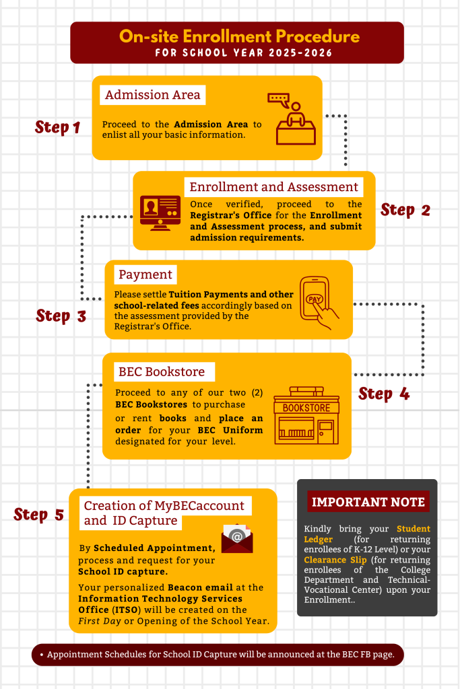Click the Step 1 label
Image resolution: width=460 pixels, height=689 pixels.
(x=58, y=127)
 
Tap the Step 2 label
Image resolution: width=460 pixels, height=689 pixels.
(x=405, y=210)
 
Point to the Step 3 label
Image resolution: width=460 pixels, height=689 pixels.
(x=61, y=316)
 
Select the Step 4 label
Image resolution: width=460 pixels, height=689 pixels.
(x=384, y=394)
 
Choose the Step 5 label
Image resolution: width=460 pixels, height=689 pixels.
(x=38, y=515)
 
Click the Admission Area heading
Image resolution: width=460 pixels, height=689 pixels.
(x=153, y=95)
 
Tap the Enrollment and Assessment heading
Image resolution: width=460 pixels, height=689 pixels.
(x=273, y=187)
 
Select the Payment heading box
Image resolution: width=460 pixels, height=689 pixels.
(x=145, y=275)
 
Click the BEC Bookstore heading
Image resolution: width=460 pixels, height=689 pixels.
(x=162, y=371)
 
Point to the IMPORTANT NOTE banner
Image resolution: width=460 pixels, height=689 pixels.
(x=368, y=502)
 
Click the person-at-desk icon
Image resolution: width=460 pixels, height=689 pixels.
(x=296, y=118)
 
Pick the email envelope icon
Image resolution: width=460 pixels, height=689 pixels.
(x=237, y=538)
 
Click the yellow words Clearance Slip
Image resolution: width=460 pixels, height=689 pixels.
(x=335, y=560)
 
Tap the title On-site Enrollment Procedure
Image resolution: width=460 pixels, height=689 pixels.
(x=239, y=36)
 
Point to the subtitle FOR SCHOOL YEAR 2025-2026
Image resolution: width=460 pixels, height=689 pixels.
(x=244, y=53)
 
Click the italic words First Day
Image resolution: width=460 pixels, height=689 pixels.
(x=100, y=621)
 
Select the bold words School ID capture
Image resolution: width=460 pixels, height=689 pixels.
(x=123, y=572)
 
